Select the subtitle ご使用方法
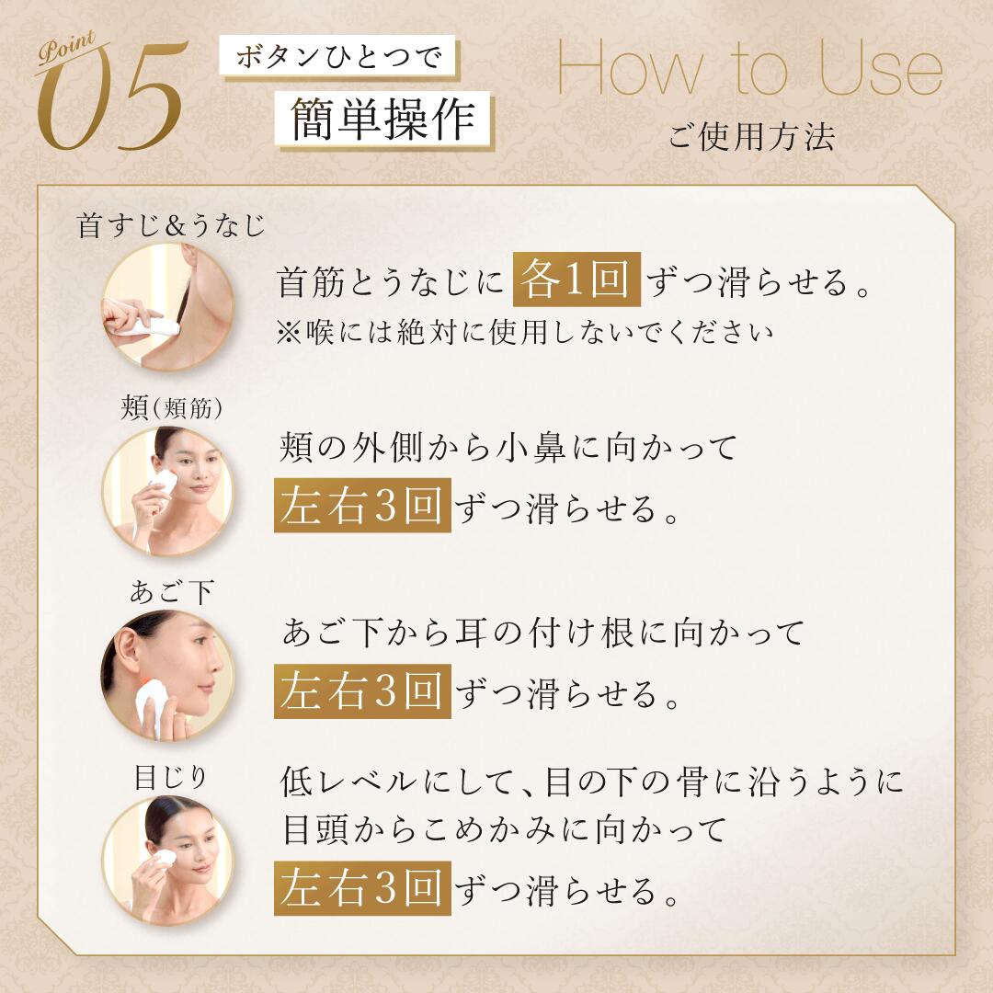[751, 137]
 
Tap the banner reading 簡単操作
[383, 120]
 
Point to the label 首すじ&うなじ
[171, 226]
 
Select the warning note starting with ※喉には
[525, 332]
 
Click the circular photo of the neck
[168, 306]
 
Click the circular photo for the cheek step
[168, 490]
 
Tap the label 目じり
[171, 778]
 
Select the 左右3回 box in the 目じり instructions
[362, 890]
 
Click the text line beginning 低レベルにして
[591, 782]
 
